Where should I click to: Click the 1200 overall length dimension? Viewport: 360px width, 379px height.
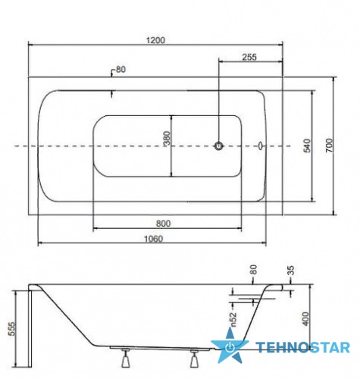155,40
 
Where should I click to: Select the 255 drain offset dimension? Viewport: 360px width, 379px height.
249,57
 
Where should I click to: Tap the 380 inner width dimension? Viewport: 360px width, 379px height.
167,138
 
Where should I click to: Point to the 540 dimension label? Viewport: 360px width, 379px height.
307,146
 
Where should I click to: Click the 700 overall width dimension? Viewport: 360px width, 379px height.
329,145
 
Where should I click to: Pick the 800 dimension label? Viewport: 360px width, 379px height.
163,224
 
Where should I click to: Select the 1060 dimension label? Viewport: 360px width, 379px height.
154,239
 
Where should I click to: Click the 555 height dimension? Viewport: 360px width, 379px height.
12,328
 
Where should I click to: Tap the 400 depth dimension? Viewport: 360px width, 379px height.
305,319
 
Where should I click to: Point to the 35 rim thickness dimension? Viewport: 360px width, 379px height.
291,271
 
